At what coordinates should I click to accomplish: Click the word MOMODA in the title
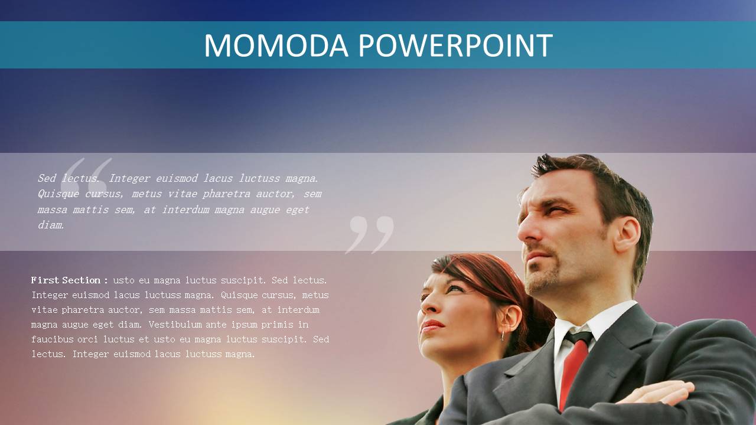[x=276, y=45]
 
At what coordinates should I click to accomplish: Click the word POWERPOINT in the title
[x=455, y=45]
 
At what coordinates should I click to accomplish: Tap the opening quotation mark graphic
[x=86, y=175]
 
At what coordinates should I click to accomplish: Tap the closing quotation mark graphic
[x=370, y=235]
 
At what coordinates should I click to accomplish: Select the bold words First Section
[x=66, y=280]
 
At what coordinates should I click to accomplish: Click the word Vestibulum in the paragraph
[x=174, y=325]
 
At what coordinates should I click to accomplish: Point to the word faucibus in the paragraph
[x=52, y=339]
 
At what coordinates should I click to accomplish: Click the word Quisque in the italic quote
[x=58, y=194]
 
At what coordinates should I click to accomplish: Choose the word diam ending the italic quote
[x=50, y=225]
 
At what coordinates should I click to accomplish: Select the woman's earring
[x=503, y=336]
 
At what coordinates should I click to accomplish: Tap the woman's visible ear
[x=509, y=319]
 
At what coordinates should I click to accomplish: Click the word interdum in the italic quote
[x=185, y=210]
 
